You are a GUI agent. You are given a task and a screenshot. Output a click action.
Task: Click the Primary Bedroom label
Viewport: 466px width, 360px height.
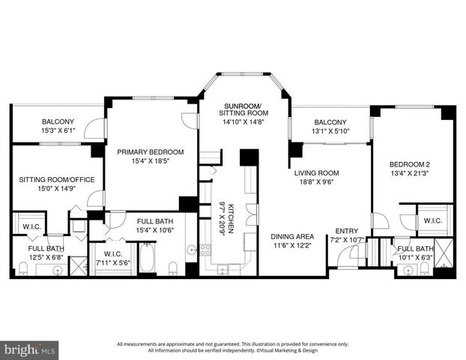click(x=150, y=152)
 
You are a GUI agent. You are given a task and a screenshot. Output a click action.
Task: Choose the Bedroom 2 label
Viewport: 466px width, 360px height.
click(x=410, y=164)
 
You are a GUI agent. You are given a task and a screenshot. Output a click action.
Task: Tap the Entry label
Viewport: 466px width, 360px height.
click(x=346, y=231)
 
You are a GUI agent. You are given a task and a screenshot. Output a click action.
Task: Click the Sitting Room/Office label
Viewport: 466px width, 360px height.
click(x=52, y=180)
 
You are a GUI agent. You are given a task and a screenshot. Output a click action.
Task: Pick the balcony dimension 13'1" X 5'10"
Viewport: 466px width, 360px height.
click(x=330, y=130)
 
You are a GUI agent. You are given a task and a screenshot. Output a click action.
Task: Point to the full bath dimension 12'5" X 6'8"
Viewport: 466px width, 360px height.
click(x=46, y=257)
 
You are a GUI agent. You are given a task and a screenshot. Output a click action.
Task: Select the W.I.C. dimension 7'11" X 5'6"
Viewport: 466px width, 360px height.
click(x=113, y=263)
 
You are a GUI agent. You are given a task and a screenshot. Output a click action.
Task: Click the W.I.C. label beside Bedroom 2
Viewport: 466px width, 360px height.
click(x=432, y=221)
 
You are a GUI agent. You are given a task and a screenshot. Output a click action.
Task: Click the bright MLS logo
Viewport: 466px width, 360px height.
click(x=30, y=349)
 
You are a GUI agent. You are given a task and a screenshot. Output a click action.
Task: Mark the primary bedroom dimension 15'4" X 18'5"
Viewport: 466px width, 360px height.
click(x=150, y=161)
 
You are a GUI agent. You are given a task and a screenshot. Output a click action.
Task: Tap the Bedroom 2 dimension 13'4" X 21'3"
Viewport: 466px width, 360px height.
click(x=410, y=174)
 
